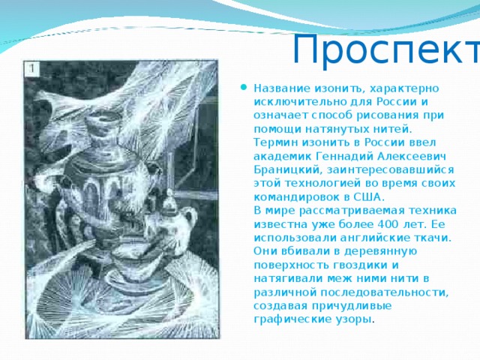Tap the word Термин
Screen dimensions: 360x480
point(277,142)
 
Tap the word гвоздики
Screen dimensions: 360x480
point(349,264)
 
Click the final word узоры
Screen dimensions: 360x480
point(352,319)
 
